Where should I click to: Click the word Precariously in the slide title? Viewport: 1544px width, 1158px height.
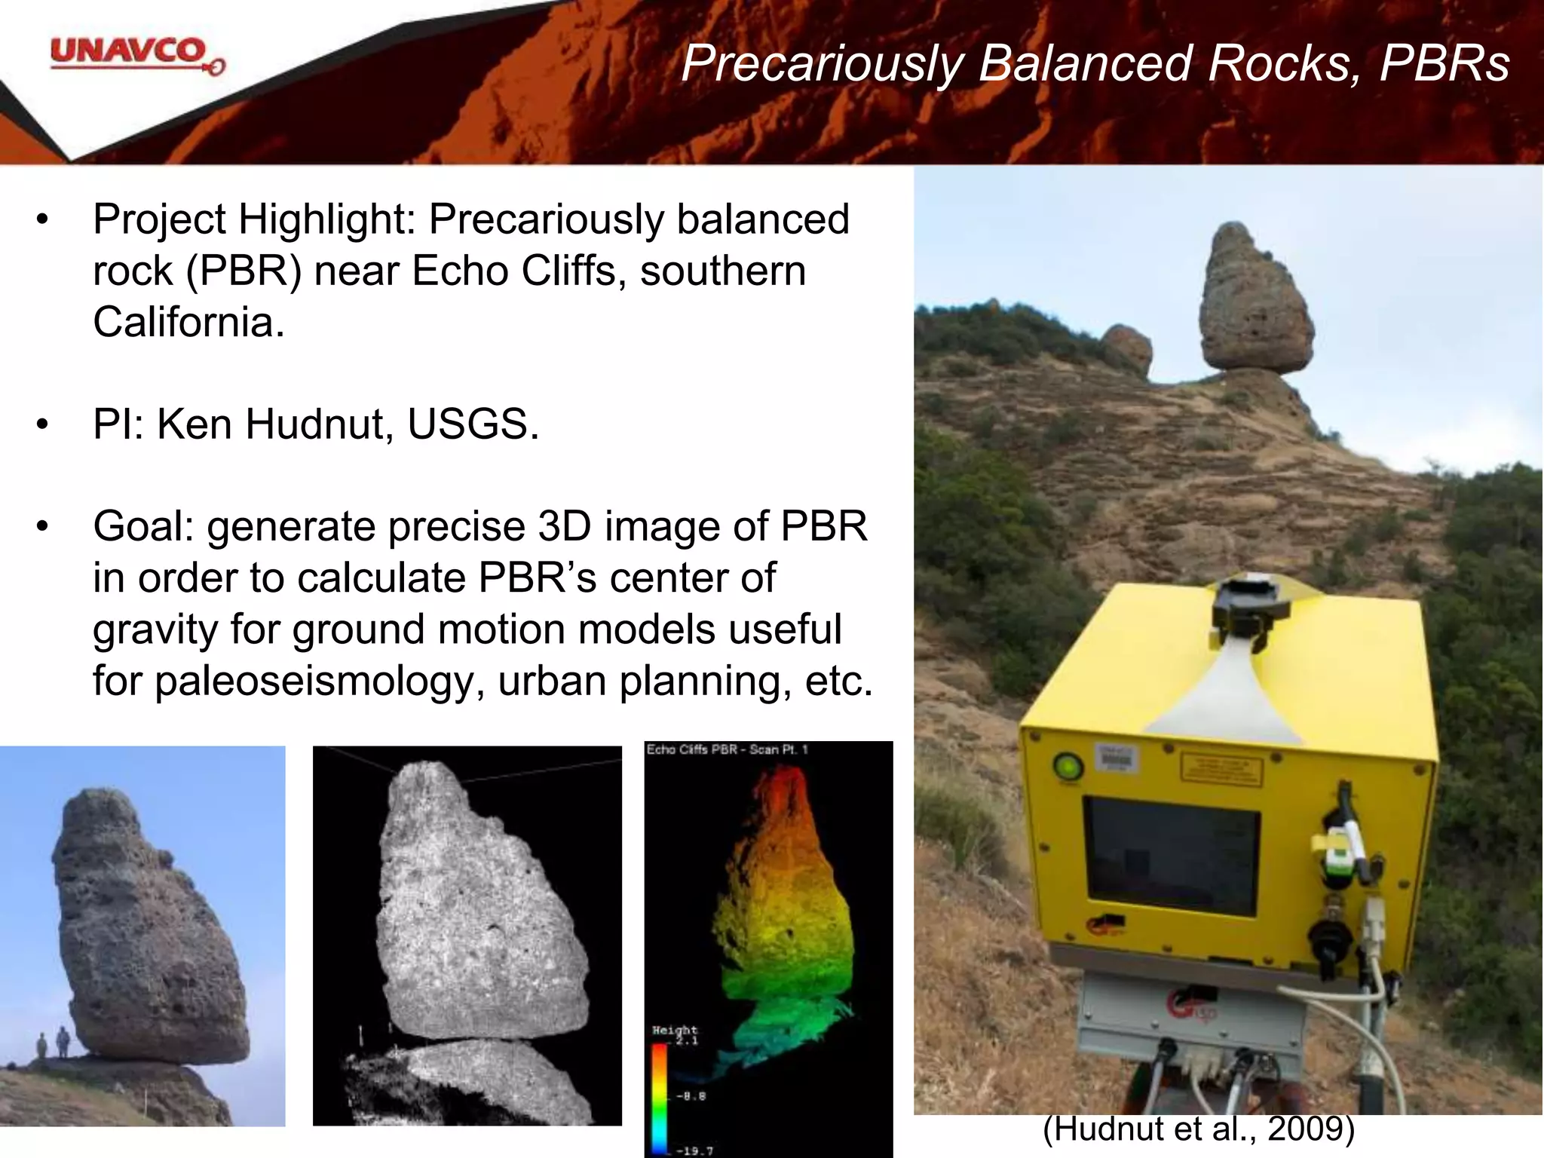click(823, 63)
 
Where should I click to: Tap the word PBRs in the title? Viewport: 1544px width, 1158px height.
click(1444, 63)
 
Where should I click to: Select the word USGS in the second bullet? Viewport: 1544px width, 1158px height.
click(472, 424)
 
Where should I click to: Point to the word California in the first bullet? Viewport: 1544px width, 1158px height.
click(188, 322)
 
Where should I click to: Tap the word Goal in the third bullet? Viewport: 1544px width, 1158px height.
click(142, 526)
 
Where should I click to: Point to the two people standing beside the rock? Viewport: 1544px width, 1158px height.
click(52, 1045)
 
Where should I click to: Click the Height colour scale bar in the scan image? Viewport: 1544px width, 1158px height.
click(659, 1097)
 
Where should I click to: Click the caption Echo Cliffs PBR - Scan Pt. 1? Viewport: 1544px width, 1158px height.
click(727, 750)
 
